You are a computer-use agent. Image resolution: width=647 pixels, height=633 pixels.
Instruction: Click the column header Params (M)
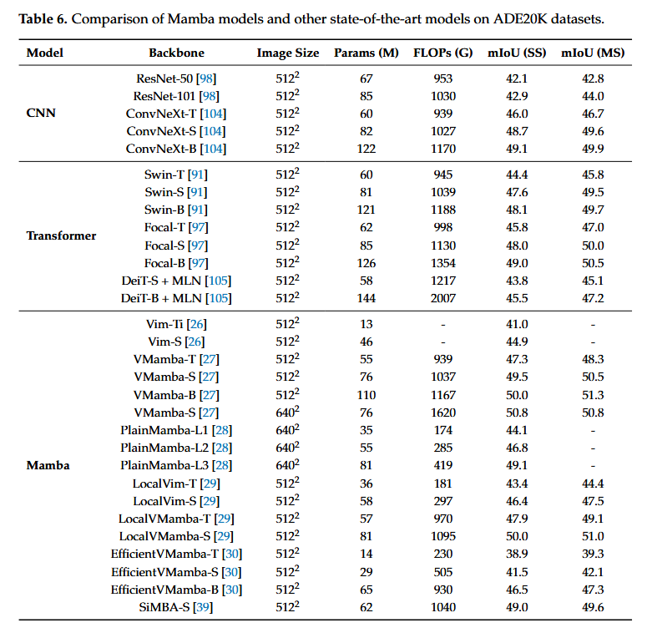[x=366, y=53]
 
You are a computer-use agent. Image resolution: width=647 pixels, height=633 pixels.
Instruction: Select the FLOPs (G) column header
[x=442, y=53]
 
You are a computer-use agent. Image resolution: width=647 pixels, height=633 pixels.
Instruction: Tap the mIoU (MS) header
[x=593, y=53]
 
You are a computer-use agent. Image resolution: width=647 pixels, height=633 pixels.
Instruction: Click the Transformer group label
[x=61, y=235]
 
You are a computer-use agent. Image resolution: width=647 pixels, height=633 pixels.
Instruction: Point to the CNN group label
[x=41, y=113]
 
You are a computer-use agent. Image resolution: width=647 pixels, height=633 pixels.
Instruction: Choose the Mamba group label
[x=48, y=465]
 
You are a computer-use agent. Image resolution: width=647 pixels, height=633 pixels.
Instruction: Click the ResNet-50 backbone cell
[x=176, y=78]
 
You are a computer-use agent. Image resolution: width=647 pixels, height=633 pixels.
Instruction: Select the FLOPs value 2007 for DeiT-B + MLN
[x=442, y=298]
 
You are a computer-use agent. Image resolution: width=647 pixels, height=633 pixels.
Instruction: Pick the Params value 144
[x=366, y=298]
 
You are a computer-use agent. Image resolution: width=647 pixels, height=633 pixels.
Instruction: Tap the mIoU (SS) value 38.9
[x=517, y=554]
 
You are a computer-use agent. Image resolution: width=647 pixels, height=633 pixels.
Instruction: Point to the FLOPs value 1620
[x=442, y=413]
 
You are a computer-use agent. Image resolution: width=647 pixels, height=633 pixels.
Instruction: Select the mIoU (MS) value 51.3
[x=593, y=395]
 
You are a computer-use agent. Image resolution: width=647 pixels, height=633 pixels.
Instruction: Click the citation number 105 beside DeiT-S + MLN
[x=218, y=281]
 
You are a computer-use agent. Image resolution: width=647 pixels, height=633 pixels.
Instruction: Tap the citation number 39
[x=203, y=607]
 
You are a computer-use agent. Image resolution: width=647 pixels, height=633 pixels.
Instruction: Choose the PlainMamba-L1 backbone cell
[x=176, y=430]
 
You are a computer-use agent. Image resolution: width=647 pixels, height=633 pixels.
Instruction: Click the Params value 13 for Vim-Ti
[x=366, y=324]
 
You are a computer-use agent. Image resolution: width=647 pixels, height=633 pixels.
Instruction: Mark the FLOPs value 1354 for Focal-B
[x=442, y=263]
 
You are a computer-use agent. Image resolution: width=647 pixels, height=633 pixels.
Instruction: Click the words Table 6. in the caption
[x=43, y=19]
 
